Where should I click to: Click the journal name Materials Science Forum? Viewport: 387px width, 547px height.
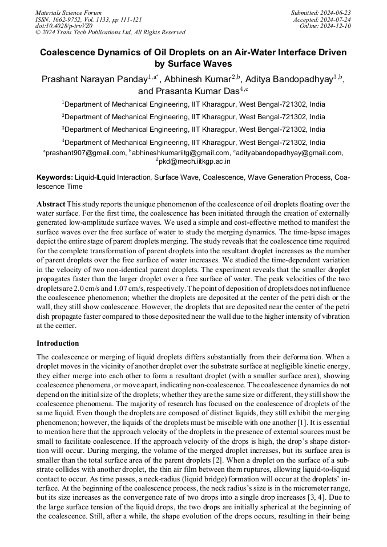click(x=68, y=13)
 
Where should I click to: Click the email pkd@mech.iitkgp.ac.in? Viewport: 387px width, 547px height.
click(x=195, y=161)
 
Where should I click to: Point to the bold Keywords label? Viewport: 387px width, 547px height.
click(x=55, y=177)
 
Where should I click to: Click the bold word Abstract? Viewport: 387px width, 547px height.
click(x=51, y=204)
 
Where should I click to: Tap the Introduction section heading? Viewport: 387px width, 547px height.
click(x=58, y=343)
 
